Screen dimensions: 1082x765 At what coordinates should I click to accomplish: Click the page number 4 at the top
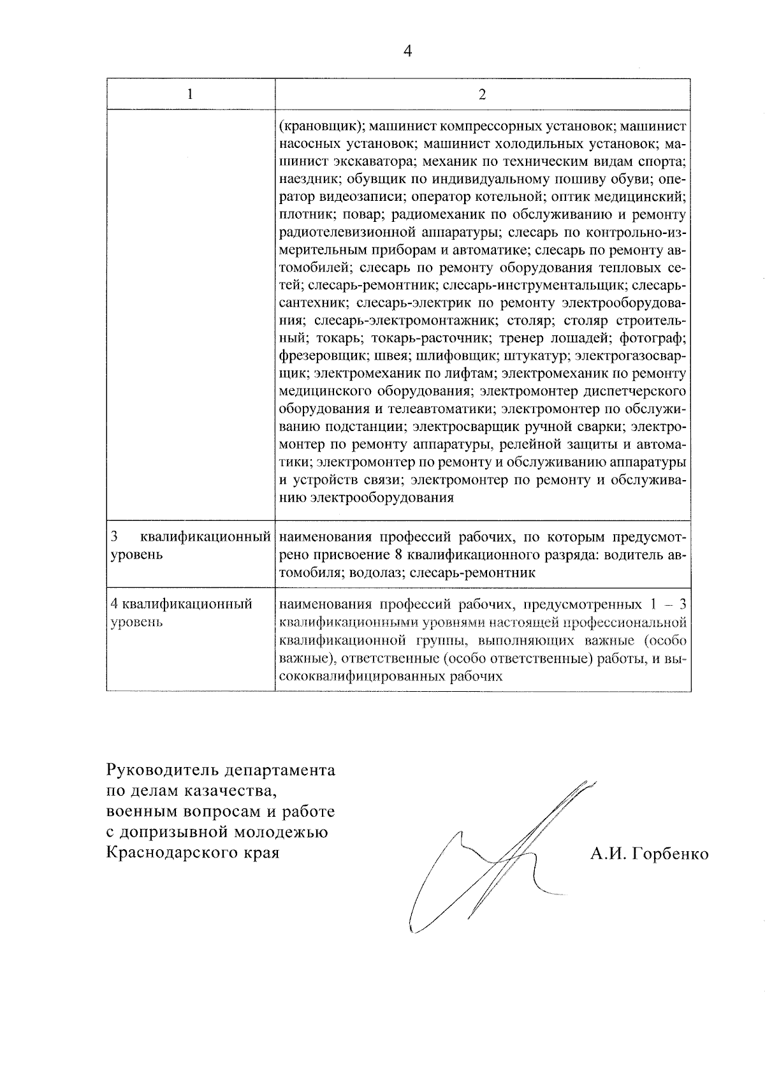pyautogui.click(x=408, y=52)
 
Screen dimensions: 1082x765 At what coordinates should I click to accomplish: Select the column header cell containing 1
pyautogui.click(x=190, y=94)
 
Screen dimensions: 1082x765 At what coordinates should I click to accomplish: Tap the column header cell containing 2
pyautogui.click(x=482, y=94)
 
